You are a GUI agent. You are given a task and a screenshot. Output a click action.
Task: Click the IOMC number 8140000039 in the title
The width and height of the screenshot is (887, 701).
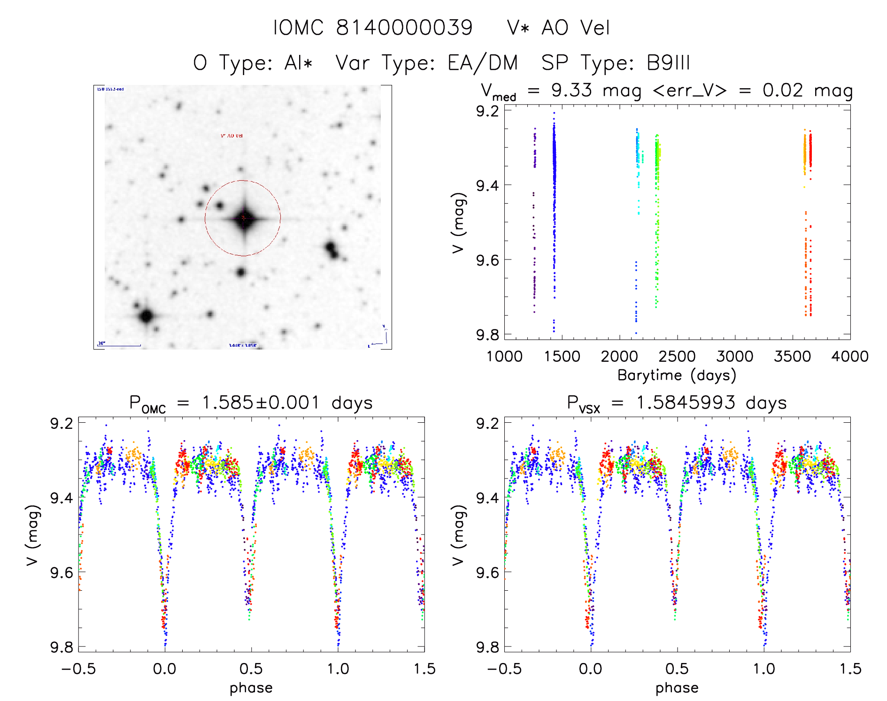404,28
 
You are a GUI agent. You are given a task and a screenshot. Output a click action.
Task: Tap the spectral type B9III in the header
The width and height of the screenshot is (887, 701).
668,63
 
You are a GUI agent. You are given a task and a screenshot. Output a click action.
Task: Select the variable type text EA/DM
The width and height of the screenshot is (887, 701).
483,63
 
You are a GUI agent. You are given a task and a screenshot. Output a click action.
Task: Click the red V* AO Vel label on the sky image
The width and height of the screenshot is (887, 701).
232,136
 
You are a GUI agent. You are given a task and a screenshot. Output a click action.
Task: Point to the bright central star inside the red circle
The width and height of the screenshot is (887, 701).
244,218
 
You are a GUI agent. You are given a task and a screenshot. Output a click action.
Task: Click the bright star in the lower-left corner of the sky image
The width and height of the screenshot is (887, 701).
146,316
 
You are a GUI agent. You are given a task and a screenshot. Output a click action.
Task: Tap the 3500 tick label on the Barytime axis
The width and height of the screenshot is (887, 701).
792,357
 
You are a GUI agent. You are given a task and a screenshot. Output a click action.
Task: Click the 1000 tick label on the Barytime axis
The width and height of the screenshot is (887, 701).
504,357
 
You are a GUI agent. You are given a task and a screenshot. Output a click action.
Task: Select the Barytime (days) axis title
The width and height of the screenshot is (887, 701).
677,375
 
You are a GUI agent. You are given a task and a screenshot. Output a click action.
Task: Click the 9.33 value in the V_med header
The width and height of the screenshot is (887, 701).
571,91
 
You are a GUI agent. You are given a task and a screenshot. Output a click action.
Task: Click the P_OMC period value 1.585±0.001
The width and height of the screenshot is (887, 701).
261,403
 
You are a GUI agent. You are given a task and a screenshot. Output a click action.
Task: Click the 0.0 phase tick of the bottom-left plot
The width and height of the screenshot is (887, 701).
165,669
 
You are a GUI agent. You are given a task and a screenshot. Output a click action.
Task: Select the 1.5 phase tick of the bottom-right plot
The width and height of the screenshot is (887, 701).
850,669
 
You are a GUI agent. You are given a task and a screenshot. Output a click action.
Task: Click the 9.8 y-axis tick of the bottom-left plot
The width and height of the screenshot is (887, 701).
62,647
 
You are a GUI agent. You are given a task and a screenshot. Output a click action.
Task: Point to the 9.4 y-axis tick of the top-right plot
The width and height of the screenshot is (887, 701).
488,185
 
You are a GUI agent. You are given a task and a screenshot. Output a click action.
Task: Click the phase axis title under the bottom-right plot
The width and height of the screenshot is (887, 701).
677,688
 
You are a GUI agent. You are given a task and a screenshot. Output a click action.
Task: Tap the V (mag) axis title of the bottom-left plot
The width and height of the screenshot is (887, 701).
32,535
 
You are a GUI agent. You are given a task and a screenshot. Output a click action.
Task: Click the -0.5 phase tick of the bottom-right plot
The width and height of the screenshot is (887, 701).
504,669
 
